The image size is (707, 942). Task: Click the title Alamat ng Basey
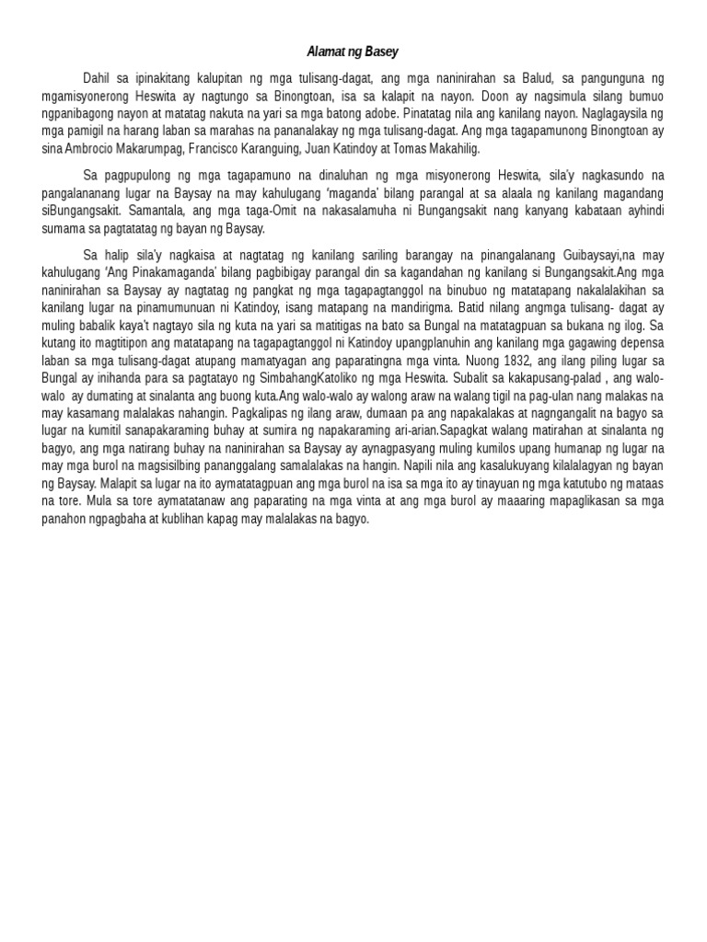353,52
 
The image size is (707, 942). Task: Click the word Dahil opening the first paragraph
98,79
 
